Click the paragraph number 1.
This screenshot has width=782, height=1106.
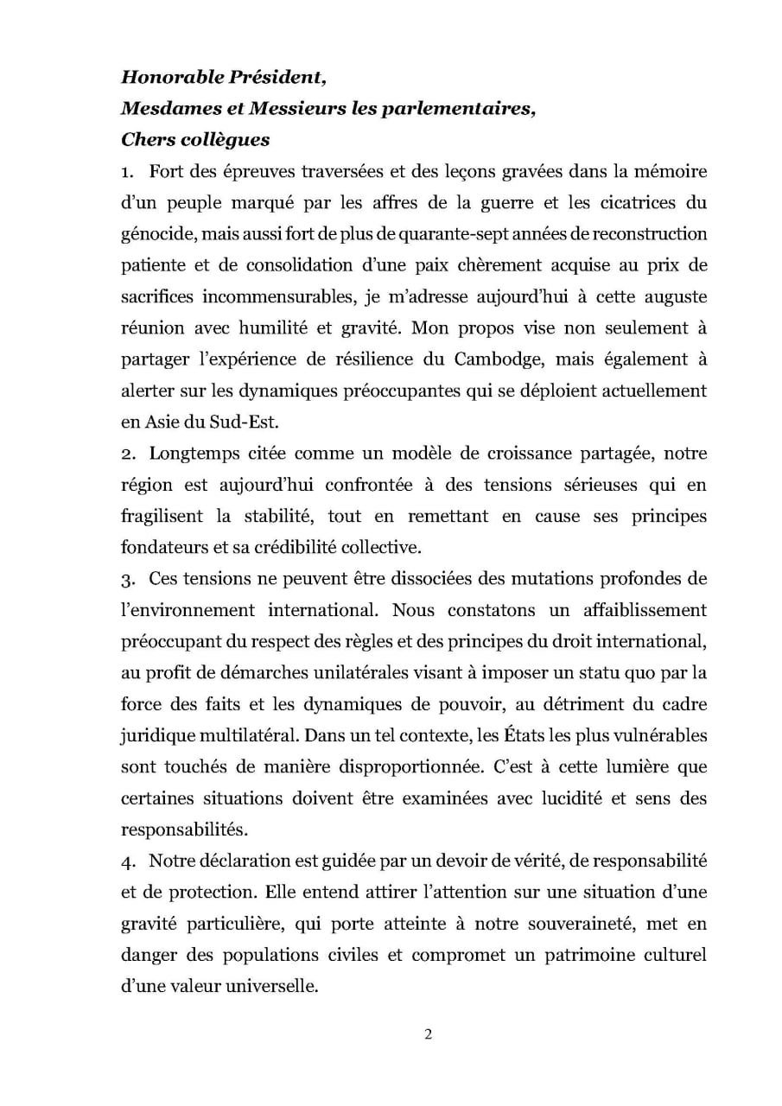coord(125,172)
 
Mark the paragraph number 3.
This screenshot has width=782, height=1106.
coord(125,577)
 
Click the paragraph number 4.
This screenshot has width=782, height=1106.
coord(125,860)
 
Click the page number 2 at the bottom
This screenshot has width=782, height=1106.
coord(428,1035)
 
